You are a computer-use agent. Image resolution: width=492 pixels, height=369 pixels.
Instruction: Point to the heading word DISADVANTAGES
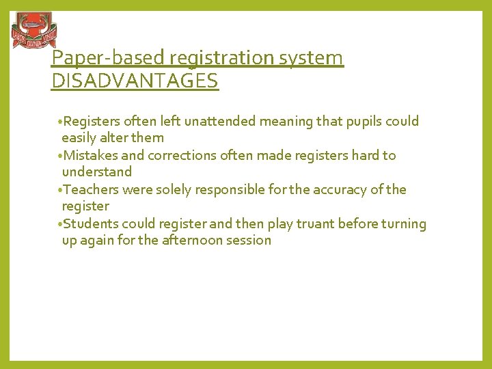(x=135, y=81)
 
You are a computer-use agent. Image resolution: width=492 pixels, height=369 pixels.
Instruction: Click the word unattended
(x=253, y=122)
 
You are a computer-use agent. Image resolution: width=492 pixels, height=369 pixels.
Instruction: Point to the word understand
(x=96, y=172)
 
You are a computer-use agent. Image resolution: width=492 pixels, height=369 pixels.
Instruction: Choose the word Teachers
(x=90, y=189)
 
